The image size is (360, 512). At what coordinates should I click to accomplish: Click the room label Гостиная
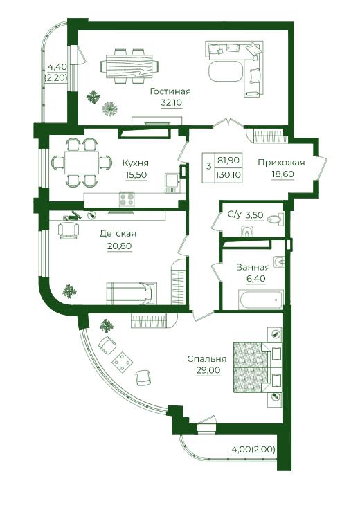click(170, 91)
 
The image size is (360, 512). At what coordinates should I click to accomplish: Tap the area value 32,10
click(171, 103)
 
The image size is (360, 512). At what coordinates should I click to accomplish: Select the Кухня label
click(136, 163)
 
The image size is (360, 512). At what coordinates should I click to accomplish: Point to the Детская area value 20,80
click(120, 246)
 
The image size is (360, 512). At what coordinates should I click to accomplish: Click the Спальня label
click(207, 359)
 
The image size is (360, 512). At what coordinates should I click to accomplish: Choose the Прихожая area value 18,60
click(283, 174)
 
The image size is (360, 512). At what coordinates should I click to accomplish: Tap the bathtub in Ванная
click(260, 299)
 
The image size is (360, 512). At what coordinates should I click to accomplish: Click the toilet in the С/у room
click(275, 219)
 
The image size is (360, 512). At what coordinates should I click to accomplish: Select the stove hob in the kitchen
click(127, 199)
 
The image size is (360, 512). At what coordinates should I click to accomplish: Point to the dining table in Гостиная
click(129, 66)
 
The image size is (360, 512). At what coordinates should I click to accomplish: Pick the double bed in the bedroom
click(258, 367)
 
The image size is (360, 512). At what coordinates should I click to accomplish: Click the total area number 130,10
click(228, 175)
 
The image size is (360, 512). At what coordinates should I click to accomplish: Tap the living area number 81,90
click(228, 161)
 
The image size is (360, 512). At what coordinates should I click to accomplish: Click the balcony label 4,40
click(57, 67)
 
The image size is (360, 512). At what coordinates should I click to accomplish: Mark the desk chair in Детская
click(69, 230)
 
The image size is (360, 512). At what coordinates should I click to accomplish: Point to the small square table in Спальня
click(123, 362)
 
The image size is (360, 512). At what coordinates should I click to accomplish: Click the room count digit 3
click(209, 167)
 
